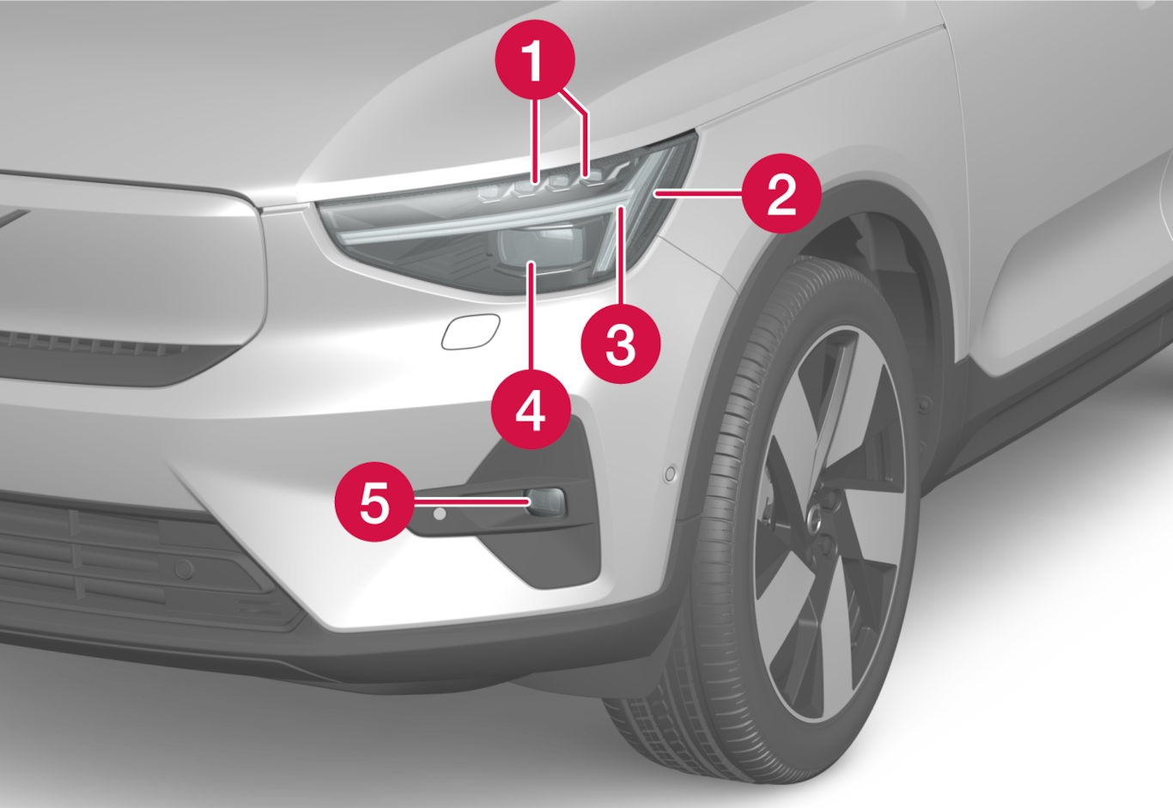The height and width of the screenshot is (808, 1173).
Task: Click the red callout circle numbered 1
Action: (535, 60)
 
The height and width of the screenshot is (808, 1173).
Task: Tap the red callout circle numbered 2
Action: (781, 193)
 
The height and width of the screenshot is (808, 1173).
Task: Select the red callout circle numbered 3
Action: (621, 343)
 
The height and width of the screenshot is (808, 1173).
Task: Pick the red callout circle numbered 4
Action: (531, 409)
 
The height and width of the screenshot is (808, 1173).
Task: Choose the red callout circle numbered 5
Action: (375, 501)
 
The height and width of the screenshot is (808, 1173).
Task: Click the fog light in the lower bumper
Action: (546, 501)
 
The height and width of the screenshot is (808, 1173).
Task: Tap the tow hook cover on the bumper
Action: (471, 331)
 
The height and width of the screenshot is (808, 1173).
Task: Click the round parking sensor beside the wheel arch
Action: (670, 474)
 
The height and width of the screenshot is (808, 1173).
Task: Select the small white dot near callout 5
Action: (440, 513)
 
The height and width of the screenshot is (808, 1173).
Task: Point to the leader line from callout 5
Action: (471, 502)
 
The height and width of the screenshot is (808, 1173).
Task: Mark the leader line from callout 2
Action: (698, 193)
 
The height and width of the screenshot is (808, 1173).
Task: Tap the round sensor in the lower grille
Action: (184, 568)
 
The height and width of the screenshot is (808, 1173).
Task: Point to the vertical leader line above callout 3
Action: (621, 256)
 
